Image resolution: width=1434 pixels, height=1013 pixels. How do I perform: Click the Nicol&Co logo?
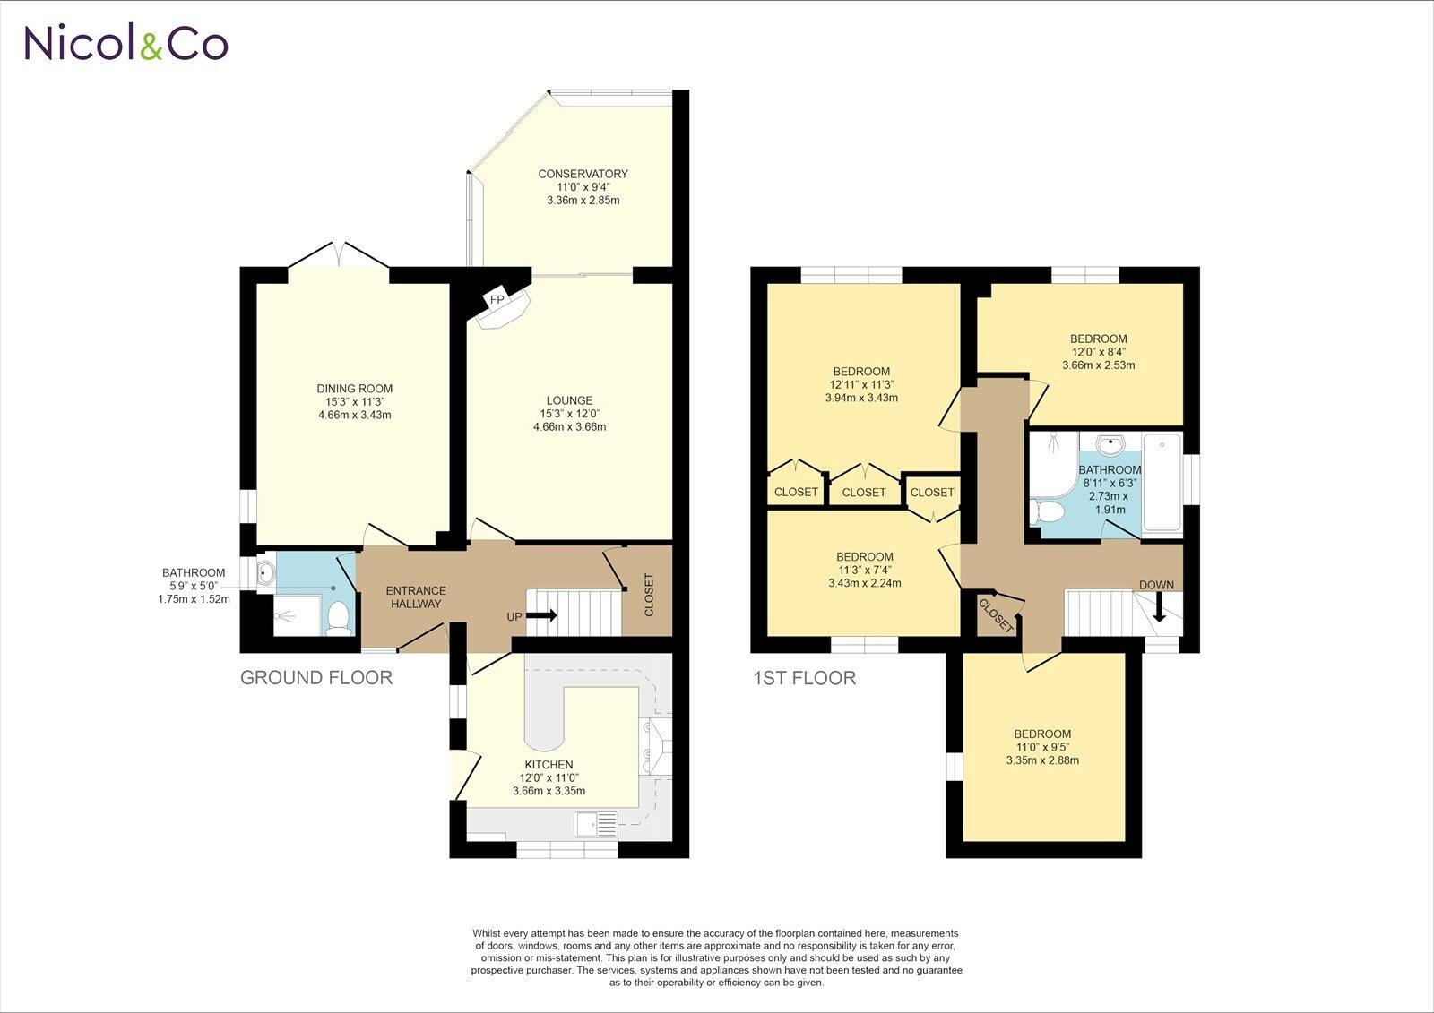click(x=125, y=42)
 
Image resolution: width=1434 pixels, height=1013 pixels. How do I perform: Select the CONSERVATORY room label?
click(x=583, y=174)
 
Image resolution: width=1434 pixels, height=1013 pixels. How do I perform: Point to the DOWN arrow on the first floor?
click(x=1158, y=609)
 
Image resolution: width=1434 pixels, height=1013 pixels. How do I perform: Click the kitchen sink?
click(x=596, y=823)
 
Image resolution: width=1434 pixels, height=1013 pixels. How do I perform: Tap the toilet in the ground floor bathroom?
click(x=339, y=616)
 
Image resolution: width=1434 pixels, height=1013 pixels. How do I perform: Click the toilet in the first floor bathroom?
click(x=1047, y=512)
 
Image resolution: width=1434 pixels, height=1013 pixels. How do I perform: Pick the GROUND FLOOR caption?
click(x=316, y=678)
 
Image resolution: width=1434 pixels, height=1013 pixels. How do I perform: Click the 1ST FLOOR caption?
click(x=804, y=678)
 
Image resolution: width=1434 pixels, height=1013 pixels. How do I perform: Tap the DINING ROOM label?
click(x=354, y=389)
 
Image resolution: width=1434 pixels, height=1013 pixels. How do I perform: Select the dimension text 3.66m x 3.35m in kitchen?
click(x=549, y=791)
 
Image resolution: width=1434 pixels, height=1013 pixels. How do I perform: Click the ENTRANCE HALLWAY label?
click(x=415, y=597)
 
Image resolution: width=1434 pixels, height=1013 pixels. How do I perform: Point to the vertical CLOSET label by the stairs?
click(x=649, y=595)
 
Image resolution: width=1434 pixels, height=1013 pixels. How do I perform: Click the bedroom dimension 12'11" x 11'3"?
click(x=860, y=385)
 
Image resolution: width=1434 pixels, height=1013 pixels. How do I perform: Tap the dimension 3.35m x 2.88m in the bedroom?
click(x=1042, y=760)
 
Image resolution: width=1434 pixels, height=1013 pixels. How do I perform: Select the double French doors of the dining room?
click(x=338, y=254)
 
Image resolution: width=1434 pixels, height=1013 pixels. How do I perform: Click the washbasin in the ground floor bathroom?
click(x=266, y=574)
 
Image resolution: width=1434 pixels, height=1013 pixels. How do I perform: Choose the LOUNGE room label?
click(x=569, y=400)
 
